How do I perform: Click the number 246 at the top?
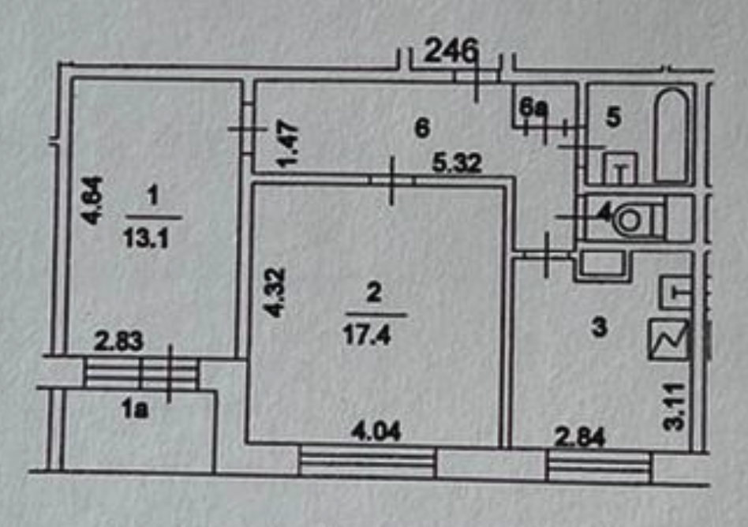coord(452,52)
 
